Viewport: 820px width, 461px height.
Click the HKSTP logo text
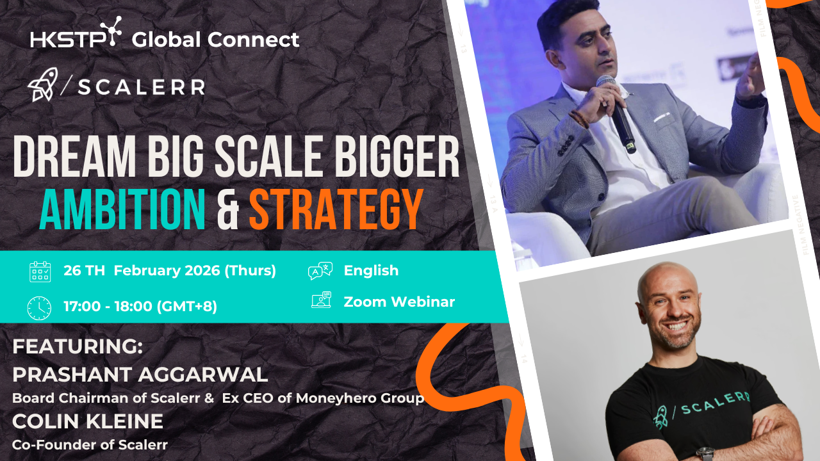(x=69, y=40)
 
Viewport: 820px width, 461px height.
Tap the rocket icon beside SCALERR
(x=43, y=85)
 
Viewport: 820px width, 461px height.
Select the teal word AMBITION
(x=122, y=209)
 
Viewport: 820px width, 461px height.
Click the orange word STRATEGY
(x=336, y=209)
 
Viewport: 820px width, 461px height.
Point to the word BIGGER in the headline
(x=397, y=156)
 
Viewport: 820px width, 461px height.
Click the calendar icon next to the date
(x=40, y=271)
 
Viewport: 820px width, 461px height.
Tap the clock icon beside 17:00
(x=39, y=308)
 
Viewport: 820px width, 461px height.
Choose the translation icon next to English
(x=320, y=271)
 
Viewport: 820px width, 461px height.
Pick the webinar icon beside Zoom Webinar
(x=322, y=300)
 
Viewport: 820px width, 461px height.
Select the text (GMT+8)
(x=186, y=306)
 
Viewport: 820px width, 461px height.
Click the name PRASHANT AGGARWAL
(x=140, y=375)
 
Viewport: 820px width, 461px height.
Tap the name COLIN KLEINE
(x=88, y=421)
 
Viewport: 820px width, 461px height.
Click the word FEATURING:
(x=78, y=346)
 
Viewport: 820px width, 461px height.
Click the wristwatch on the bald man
(x=705, y=454)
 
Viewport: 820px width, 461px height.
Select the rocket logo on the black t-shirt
(x=662, y=417)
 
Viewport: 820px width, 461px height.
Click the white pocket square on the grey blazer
(x=662, y=118)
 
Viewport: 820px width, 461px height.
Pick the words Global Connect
(x=215, y=40)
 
